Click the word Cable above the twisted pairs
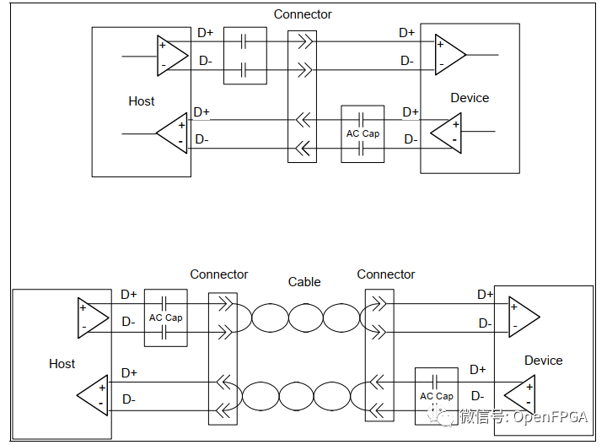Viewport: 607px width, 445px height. tap(304, 282)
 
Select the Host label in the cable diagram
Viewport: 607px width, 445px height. tap(62, 364)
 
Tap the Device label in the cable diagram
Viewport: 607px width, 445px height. tap(543, 361)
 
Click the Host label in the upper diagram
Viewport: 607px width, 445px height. tap(142, 101)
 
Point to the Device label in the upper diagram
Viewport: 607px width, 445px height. tap(470, 98)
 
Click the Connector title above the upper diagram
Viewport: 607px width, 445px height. tap(303, 14)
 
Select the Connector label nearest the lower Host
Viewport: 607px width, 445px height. tap(219, 274)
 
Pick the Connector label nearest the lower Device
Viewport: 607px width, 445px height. tap(386, 274)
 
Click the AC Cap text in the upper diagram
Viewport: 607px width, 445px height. tap(363, 133)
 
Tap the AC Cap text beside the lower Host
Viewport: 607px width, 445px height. tap(165, 317)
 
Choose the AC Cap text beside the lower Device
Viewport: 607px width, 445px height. tap(437, 396)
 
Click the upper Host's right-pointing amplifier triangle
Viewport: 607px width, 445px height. tap(171, 54)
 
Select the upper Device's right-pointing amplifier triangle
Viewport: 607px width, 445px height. tap(449, 54)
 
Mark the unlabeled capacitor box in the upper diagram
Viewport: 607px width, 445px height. tap(244, 56)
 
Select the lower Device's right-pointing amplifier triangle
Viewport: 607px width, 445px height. tap(523, 317)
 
